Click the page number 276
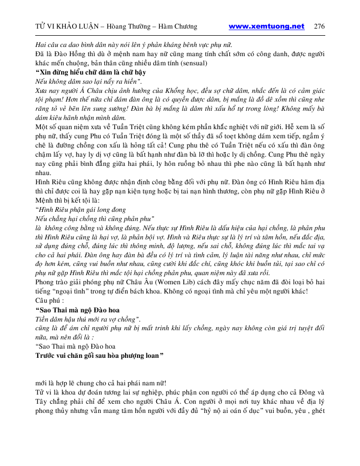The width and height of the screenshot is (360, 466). click(319, 27)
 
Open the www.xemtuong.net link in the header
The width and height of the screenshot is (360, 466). click(266, 27)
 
